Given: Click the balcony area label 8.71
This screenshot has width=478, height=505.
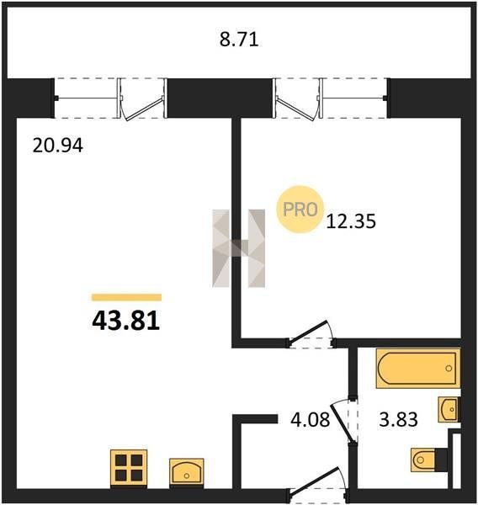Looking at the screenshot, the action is (239, 40).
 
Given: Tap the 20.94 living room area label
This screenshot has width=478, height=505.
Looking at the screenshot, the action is (58, 146).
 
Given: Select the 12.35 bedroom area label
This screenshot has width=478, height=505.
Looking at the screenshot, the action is (351, 221).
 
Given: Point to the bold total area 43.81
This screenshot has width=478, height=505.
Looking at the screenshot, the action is (126, 321).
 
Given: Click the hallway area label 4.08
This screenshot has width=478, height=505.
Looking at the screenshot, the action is (311, 420).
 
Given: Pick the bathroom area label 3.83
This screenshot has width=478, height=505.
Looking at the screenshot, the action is (398, 420).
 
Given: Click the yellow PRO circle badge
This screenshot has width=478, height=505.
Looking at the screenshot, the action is (300, 210).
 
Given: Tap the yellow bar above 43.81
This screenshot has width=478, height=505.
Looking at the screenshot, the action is (126, 297).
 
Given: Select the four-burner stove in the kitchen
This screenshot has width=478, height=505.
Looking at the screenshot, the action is (129, 468).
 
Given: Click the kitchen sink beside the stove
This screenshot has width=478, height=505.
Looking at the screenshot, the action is (187, 471).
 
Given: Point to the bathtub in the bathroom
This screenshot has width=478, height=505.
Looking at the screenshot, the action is (417, 369).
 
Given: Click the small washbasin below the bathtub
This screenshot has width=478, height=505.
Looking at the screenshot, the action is (448, 409).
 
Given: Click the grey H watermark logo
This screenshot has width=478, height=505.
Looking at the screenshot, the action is (239, 248).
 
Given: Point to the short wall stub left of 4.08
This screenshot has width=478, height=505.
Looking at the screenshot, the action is (255, 418).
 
